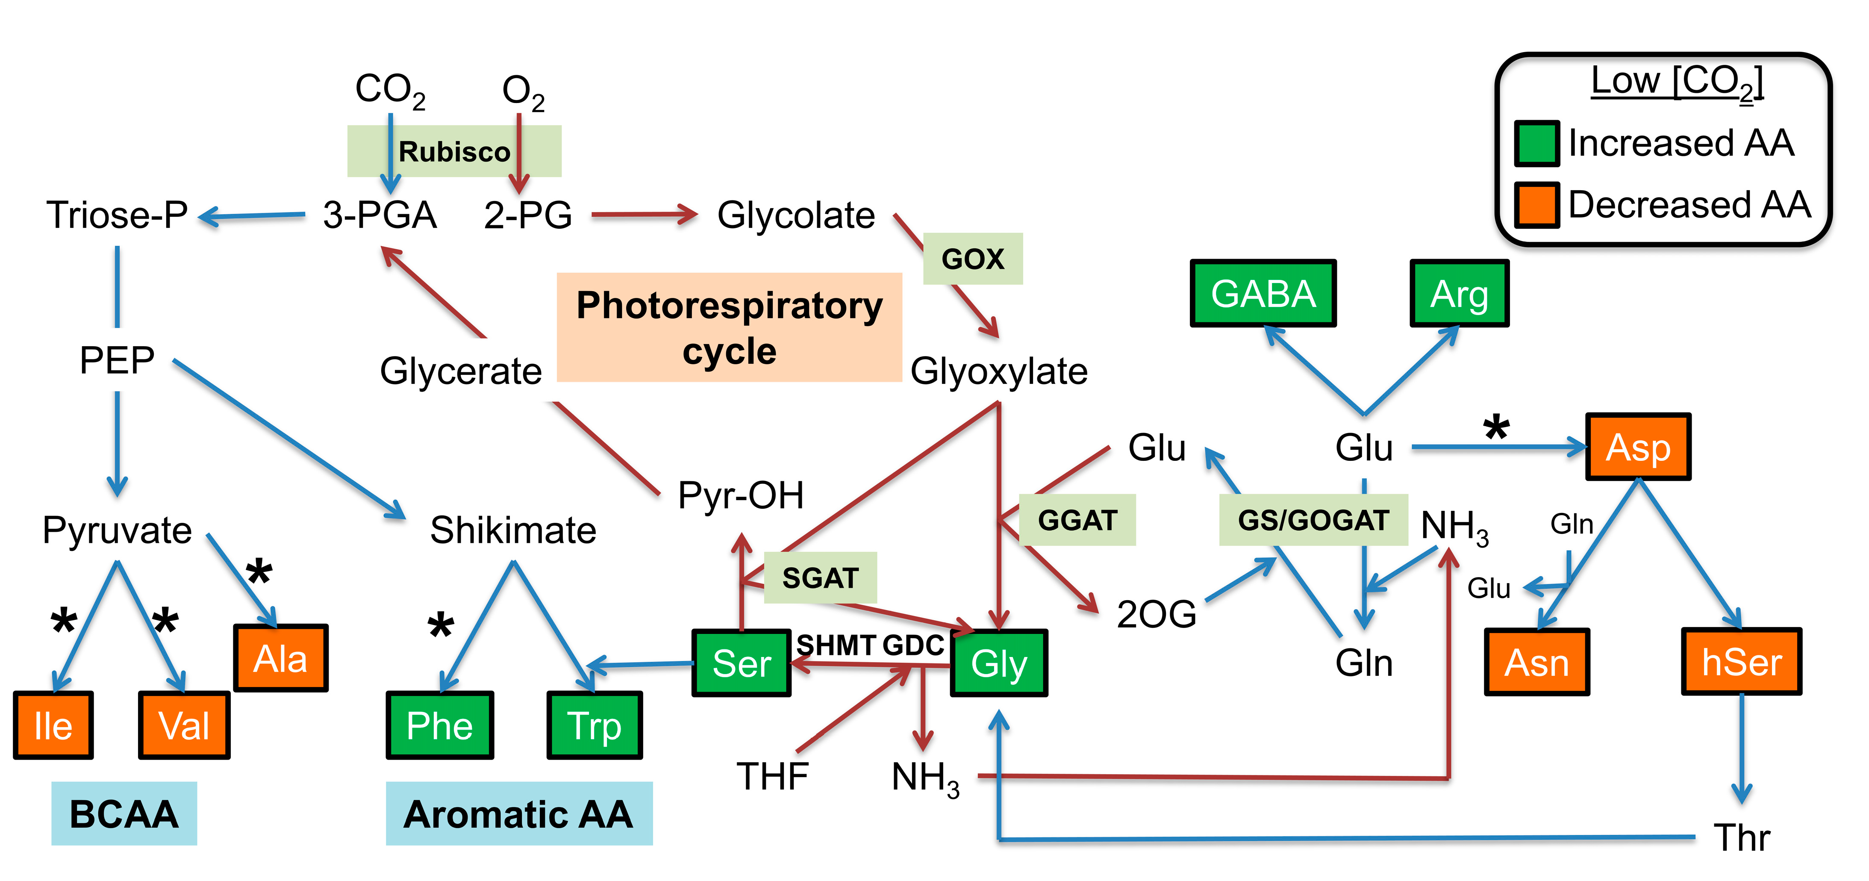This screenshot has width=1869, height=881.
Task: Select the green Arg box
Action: [x=1459, y=293]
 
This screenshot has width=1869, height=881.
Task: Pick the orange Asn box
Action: [x=1537, y=662]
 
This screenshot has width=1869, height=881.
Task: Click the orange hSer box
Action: [x=1741, y=662]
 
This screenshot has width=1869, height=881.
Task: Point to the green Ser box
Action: [x=741, y=663]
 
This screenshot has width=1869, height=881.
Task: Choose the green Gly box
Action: [x=999, y=663]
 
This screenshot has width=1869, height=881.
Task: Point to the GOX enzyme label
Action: [x=972, y=258]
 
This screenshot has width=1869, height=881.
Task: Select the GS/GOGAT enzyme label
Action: [x=1313, y=520]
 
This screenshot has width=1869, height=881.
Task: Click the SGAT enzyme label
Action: [x=820, y=578]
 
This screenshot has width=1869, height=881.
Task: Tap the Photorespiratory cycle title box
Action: [x=729, y=327]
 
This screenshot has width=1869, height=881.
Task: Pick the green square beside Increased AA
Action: [x=1536, y=143]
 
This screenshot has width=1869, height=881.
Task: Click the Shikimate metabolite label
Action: [x=513, y=530]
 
